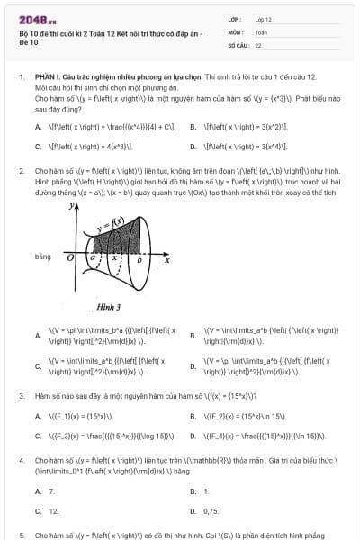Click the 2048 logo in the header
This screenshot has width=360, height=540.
pyautogui.click(x=35, y=18)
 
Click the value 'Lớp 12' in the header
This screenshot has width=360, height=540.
pyautogui.click(x=263, y=18)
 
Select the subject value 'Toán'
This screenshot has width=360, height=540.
pyautogui.click(x=261, y=31)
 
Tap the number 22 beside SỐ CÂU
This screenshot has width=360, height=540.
pyautogui.click(x=258, y=44)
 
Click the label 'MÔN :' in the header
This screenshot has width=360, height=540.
pyautogui.click(x=236, y=31)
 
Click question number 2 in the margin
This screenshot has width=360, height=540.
pyautogui.click(x=21, y=169)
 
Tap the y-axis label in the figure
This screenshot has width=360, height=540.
pyautogui.click(x=71, y=206)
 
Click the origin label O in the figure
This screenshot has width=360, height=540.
pyautogui.click(x=70, y=257)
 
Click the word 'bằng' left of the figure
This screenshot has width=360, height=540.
pyautogui.click(x=43, y=256)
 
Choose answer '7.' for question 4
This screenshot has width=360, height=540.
pyautogui.click(x=51, y=491)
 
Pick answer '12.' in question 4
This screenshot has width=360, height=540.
pyautogui.click(x=53, y=510)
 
